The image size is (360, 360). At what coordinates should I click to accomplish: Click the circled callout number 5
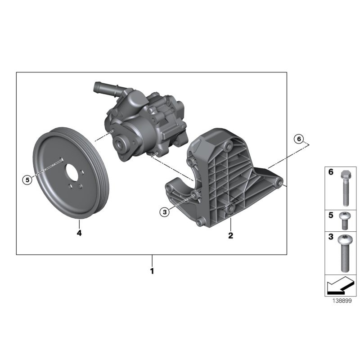tap(27, 180)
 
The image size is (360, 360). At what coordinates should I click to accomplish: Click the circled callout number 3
tap(165, 211)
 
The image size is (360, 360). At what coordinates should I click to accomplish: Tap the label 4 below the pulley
tap(79, 233)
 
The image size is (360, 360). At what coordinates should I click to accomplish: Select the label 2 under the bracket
tap(230, 235)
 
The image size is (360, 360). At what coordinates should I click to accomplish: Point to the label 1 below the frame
tap(152, 271)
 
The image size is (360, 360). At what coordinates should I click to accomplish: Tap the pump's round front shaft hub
tap(120, 145)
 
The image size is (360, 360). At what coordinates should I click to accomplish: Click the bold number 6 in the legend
tap(331, 172)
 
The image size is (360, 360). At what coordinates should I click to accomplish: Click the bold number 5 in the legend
tap(331, 215)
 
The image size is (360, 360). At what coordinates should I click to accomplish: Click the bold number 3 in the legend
tap(331, 237)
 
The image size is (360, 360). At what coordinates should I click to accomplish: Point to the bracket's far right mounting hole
tap(279, 182)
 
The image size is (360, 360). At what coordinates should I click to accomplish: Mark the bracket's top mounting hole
tap(229, 147)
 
